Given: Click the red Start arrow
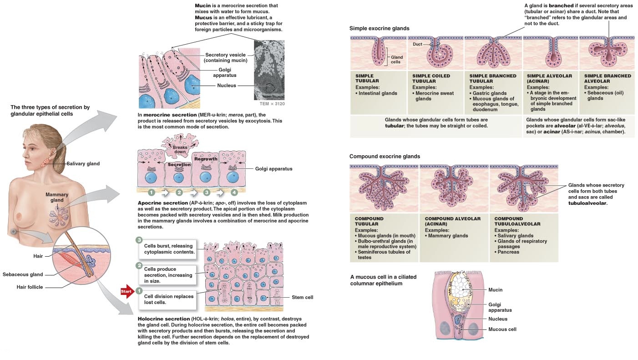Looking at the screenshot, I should coord(127,290).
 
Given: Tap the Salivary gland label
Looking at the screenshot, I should coord(83,164).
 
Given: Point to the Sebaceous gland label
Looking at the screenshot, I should coord(23,274).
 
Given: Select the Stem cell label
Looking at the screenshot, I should coord(302,298).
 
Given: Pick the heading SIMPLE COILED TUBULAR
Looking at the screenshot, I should coord(431,79).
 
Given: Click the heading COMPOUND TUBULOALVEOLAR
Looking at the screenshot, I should coord(517,221).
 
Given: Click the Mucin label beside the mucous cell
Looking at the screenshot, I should coord(495,290).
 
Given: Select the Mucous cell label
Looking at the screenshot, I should coord(502,329).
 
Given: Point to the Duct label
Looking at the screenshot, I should coord(417,44).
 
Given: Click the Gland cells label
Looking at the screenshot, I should coord(396,60).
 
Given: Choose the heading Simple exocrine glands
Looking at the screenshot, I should coord(379,28).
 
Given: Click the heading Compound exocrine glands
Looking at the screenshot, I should coord(385,157).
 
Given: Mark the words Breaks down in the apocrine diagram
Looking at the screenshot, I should coord(180,150).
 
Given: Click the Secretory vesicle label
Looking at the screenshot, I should coord(225,58).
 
